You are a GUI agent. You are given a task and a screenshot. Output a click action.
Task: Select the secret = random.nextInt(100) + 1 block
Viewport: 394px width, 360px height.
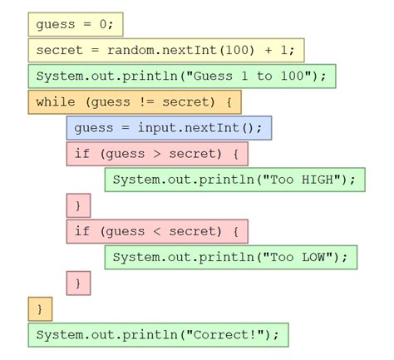(165, 50)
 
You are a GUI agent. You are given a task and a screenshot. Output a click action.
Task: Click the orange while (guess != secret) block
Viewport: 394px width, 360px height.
(134, 102)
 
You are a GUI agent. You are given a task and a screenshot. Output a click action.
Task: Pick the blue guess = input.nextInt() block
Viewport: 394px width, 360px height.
(169, 128)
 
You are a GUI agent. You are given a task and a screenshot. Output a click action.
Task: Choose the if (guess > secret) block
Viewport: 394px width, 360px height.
(156, 154)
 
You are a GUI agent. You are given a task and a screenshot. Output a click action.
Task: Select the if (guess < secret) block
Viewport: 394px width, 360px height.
(156, 231)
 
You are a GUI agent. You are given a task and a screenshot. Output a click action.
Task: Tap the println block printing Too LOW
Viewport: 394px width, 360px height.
(230, 257)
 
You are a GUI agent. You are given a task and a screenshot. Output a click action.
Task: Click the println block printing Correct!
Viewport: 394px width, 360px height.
(158, 335)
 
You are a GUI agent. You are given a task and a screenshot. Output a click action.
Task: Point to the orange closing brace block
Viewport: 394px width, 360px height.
(39, 308)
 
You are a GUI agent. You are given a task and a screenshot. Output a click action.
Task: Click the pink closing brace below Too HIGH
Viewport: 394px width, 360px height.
(78, 205)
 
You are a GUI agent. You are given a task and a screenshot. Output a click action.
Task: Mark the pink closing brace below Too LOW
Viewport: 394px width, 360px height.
(78, 283)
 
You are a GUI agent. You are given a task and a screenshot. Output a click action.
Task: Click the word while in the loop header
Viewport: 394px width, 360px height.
(55, 102)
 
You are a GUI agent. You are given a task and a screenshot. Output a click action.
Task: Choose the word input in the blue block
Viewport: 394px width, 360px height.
(159, 128)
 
